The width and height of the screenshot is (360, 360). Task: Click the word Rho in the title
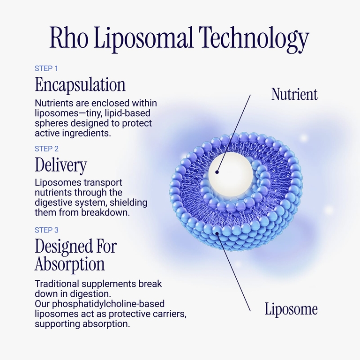[68, 37]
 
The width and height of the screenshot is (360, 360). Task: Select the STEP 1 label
[46, 68]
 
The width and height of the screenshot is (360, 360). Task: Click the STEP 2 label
[46, 149]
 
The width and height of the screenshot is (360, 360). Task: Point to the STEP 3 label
[46, 230]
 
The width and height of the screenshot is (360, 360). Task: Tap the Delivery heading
[61, 165]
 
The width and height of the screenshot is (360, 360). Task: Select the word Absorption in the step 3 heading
[70, 264]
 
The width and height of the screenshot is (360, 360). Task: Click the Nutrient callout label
[294, 94]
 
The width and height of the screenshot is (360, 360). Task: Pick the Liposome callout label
[291, 309]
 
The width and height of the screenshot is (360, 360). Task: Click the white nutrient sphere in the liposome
[231, 175]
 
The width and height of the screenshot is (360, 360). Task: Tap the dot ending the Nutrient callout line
[217, 172]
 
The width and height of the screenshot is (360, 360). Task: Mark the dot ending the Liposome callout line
[217, 233]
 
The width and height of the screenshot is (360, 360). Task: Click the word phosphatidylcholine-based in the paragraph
[108, 304]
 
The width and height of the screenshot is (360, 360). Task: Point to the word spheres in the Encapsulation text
[52, 124]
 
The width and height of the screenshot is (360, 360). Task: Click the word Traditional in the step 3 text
[57, 284]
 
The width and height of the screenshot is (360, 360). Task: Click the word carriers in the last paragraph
[170, 314]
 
